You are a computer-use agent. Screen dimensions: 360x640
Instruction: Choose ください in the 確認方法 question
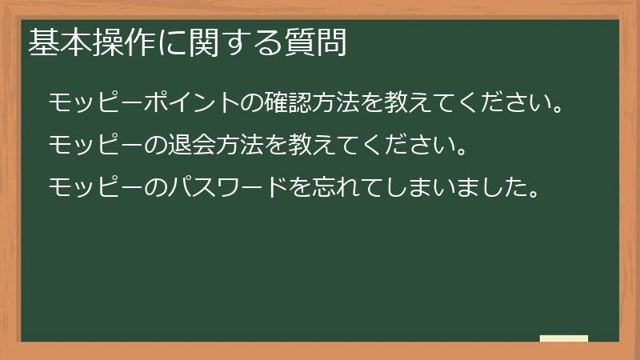click(501, 103)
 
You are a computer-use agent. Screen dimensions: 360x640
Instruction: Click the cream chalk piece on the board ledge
click(564, 338)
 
